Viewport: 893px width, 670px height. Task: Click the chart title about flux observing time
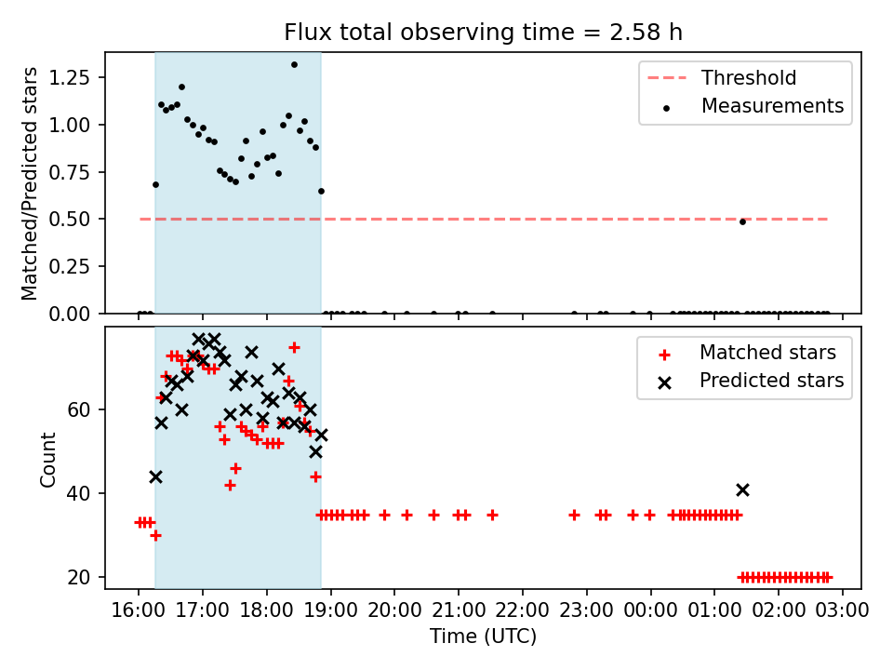click(x=483, y=33)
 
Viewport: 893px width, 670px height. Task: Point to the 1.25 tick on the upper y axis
click(x=69, y=77)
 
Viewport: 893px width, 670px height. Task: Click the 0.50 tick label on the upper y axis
click(x=69, y=219)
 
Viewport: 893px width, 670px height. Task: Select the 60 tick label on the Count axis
click(x=78, y=409)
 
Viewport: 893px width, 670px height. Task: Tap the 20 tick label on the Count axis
click(x=78, y=577)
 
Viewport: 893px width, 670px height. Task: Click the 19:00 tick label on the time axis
click(x=331, y=610)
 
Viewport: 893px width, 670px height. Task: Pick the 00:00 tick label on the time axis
click(x=651, y=610)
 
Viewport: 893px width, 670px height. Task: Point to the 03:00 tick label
click(x=843, y=610)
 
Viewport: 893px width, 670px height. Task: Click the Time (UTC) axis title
click(x=483, y=636)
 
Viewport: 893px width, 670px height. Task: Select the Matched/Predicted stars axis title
click(x=29, y=183)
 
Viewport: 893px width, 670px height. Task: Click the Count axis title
click(x=47, y=459)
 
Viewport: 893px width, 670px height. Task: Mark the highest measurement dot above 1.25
click(x=294, y=65)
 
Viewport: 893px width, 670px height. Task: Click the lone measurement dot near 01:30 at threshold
click(x=742, y=221)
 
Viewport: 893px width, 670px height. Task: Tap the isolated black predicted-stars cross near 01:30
click(x=742, y=490)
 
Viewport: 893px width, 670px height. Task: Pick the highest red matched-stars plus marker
click(x=294, y=347)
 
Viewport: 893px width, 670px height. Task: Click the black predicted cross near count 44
click(x=155, y=476)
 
